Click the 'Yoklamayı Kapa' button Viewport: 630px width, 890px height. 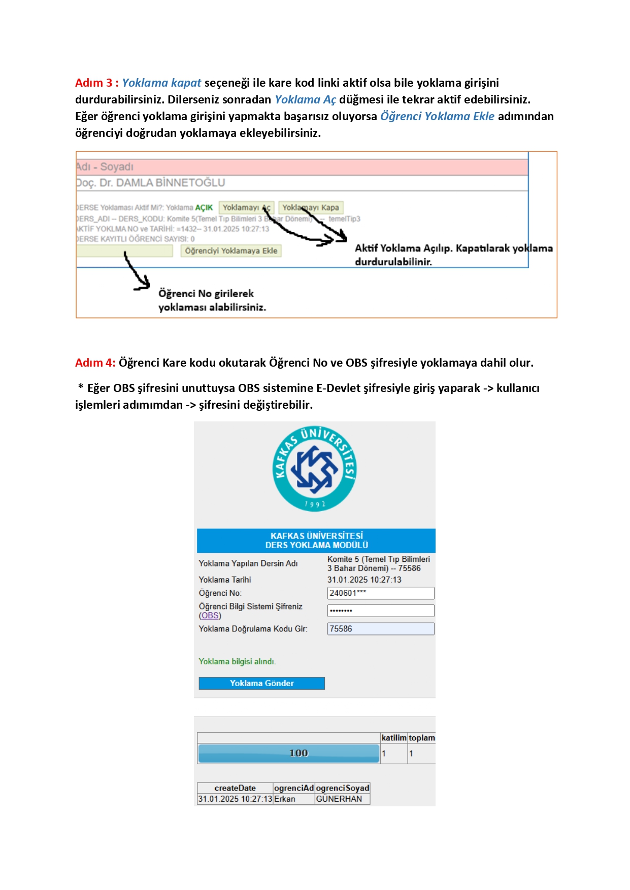311,207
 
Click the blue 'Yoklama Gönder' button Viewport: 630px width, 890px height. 261,683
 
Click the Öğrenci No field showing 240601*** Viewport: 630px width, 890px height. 381,593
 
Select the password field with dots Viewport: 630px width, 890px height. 381,611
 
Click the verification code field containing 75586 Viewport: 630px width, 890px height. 381,629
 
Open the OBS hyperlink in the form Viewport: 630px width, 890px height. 210,616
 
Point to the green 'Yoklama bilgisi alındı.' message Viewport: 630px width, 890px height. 237,661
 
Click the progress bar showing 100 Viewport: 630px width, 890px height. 289,753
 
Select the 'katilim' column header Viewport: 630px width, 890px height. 394,738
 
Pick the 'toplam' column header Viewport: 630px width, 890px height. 421,738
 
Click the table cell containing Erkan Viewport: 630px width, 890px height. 285,799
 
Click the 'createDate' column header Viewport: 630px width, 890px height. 235,788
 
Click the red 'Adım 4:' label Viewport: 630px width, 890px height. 95,363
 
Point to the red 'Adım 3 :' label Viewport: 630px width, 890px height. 96,83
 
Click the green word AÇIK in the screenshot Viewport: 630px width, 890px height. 204,207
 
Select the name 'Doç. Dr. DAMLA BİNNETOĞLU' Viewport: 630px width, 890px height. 150,183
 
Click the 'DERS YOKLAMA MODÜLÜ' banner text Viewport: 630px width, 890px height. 316,545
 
